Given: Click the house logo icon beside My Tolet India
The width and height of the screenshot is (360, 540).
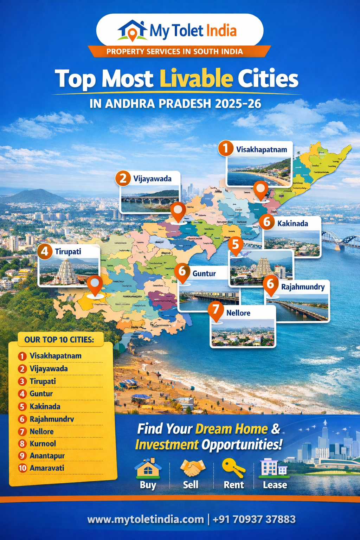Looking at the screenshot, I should pyautogui.click(x=132, y=30).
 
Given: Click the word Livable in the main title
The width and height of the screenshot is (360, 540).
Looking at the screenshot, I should pyautogui.click(x=196, y=78).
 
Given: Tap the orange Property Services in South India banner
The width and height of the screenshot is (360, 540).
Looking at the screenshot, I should pyautogui.click(x=175, y=52).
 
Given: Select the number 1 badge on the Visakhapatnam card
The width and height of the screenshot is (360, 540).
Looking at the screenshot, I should pyautogui.click(x=226, y=148).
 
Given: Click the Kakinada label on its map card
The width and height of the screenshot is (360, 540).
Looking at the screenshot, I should pyautogui.click(x=292, y=224).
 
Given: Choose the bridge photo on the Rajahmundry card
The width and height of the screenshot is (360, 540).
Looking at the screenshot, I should pyautogui.click(x=297, y=307).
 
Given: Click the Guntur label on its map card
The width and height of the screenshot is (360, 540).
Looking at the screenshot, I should pyautogui.click(x=204, y=274).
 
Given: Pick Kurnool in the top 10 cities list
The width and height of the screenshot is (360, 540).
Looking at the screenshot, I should pyautogui.click(x=43, y=444).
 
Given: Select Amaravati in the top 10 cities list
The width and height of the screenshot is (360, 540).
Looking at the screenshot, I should pyautogui.click(x=47, y=468).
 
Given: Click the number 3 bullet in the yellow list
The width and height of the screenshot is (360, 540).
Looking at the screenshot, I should pyautogui.click(x=22, y=381).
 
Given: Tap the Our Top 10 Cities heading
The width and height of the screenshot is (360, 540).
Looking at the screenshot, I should pyautogui.click(x=59, y=340).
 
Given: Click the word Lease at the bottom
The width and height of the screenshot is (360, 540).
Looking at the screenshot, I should pyautogui.click(x=275, y=485).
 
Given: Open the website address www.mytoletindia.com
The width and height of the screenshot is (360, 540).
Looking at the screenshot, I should pyautogui.click(x=146, y=520).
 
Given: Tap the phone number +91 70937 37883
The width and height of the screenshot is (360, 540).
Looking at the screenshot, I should pyautogui.click(x=254, y=520).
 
